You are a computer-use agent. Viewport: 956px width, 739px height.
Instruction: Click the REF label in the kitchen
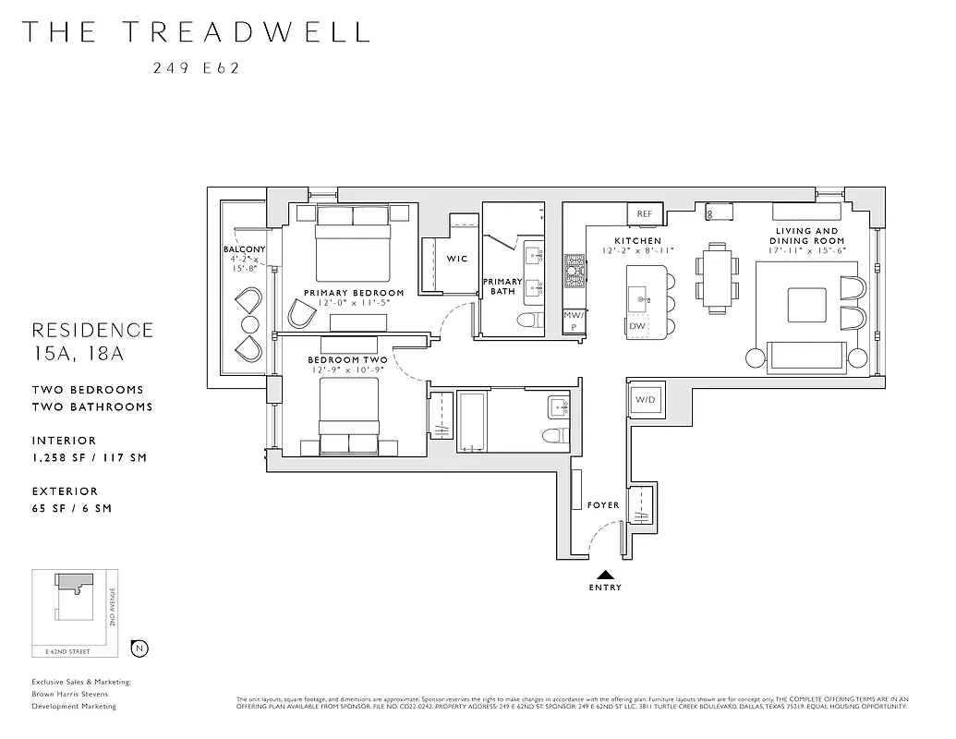(645, 213)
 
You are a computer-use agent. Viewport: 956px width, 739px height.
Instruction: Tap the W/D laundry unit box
(644, 399)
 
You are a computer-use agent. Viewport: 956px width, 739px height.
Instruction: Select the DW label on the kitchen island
(637, 326)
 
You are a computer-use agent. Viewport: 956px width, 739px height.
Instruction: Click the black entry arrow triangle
(605, 574)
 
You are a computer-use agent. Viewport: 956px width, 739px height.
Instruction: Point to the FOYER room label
(603, 505)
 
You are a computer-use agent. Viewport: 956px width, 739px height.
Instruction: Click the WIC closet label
(457, 259)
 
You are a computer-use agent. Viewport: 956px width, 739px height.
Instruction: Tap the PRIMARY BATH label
(503, 286)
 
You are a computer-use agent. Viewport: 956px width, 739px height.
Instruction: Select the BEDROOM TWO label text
(347, 359)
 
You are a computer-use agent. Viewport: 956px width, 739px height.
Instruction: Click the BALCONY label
(244, 249)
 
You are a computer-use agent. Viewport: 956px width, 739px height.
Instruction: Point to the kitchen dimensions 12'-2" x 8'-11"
(637, 251)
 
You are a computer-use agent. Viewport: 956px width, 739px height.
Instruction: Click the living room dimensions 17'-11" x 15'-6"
(807, 251)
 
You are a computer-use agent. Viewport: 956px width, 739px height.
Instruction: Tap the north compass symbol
(139, 648)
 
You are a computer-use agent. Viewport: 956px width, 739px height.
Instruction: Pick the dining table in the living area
(717, 274)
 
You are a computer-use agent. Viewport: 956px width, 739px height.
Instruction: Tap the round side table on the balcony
(250, 324)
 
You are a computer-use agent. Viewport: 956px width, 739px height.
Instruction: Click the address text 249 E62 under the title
(197, 67)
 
